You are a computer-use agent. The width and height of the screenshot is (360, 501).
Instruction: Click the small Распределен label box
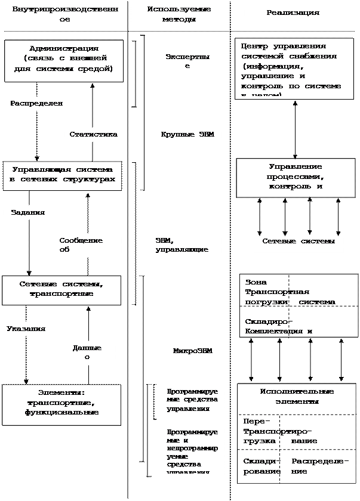pyautogui.click(x=39, y=103)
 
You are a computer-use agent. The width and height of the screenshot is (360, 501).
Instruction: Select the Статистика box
pyautogui.click(x=93, y=135)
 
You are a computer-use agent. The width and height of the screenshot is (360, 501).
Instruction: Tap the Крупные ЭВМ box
pyautogui.click(x=188, y=135)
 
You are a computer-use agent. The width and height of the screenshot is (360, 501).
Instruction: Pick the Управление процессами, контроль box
pyautogui.click(x=296, y=177)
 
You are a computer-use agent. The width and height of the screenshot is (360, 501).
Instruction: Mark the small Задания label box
pyautogui.click(x=27, y=212)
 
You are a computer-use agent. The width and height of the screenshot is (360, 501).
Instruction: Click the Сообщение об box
pyautogui.click(x=87, y=245)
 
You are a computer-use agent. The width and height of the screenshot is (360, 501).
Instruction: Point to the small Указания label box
pyautogui.click(x=26, y=328)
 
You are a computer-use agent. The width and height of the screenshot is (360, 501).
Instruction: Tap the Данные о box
pyautogui.click(x=87, y=352)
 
